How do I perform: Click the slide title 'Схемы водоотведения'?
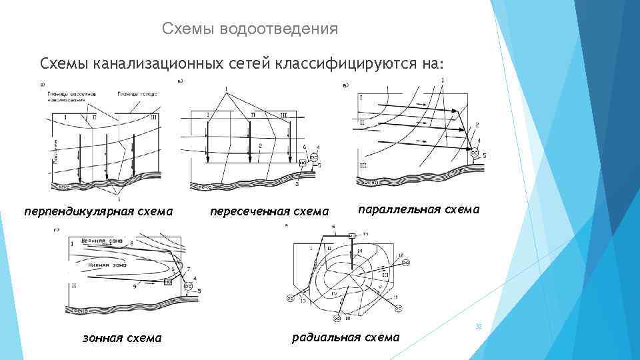pyautogui.click(x=250, y=29)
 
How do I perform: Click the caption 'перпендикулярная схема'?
pyautogui.click(x=99, y=211)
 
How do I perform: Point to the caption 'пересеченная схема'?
pyautogui.click(x=269, y=211)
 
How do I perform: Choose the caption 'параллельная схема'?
pyautogui.click(x=419, y=209)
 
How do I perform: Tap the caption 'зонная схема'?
pyautogui.click(x=121, y=337)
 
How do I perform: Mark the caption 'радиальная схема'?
pyautogui.click(x=346, y=337)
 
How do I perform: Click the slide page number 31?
pyautogui.click(x=477, y=326)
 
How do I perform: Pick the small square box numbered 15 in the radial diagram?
pyautogui.click(x=352, y=235)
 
